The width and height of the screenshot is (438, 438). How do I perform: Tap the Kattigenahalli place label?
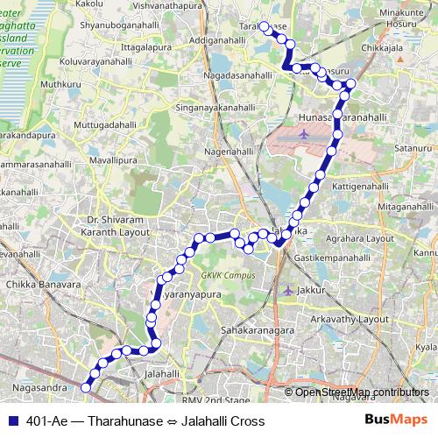pos(344,187)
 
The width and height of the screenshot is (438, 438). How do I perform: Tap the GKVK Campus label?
pos(228,275)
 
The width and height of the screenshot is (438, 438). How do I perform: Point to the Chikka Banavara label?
pos(41,285)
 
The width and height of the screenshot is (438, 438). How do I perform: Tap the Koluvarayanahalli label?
pos(96,62)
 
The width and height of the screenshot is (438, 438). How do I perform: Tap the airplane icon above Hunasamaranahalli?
pos(303,134)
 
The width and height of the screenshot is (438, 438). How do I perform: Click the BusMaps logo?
pos(397,420)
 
